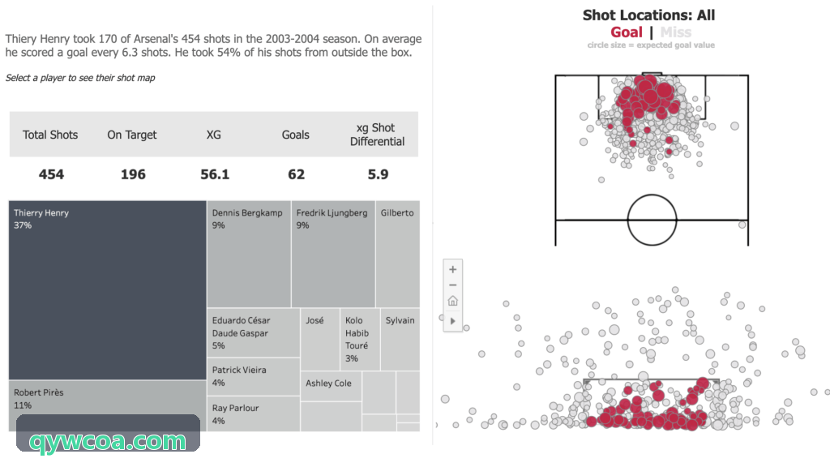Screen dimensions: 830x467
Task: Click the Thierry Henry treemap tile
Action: pos(108,289)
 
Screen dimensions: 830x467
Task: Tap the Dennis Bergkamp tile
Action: pos(249,254)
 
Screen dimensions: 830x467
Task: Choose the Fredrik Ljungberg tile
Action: pos(333,254)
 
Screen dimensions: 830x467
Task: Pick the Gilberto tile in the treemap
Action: pos(398,254)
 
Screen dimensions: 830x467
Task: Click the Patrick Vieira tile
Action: pos(254,376)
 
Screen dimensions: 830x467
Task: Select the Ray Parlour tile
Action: pos(254,414)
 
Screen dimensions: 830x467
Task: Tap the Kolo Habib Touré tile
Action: pos(360,340)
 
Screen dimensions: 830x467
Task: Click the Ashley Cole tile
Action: pos(332,386)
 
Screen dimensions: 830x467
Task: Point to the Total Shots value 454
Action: pos(51,174)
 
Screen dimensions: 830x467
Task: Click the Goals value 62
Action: pos(297,174)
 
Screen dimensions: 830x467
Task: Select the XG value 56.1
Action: pos(215,174)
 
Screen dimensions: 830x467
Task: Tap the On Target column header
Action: pos(132,135)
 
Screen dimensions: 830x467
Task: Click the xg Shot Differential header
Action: pos(378,135)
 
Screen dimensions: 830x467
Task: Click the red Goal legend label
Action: pos(627,32)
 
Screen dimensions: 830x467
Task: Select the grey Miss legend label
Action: pos(676,32)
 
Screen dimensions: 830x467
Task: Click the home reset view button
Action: pos(452,301)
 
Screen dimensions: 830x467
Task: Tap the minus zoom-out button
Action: pos(452,285)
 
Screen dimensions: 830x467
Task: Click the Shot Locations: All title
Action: pos(649,15)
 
